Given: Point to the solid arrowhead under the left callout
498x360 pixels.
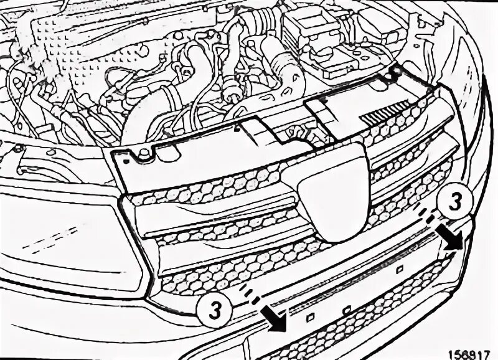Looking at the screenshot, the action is pyautogui.click(x=275, y=323).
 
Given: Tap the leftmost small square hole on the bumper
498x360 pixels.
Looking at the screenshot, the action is pyautogui.click(x=307, y=316).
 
